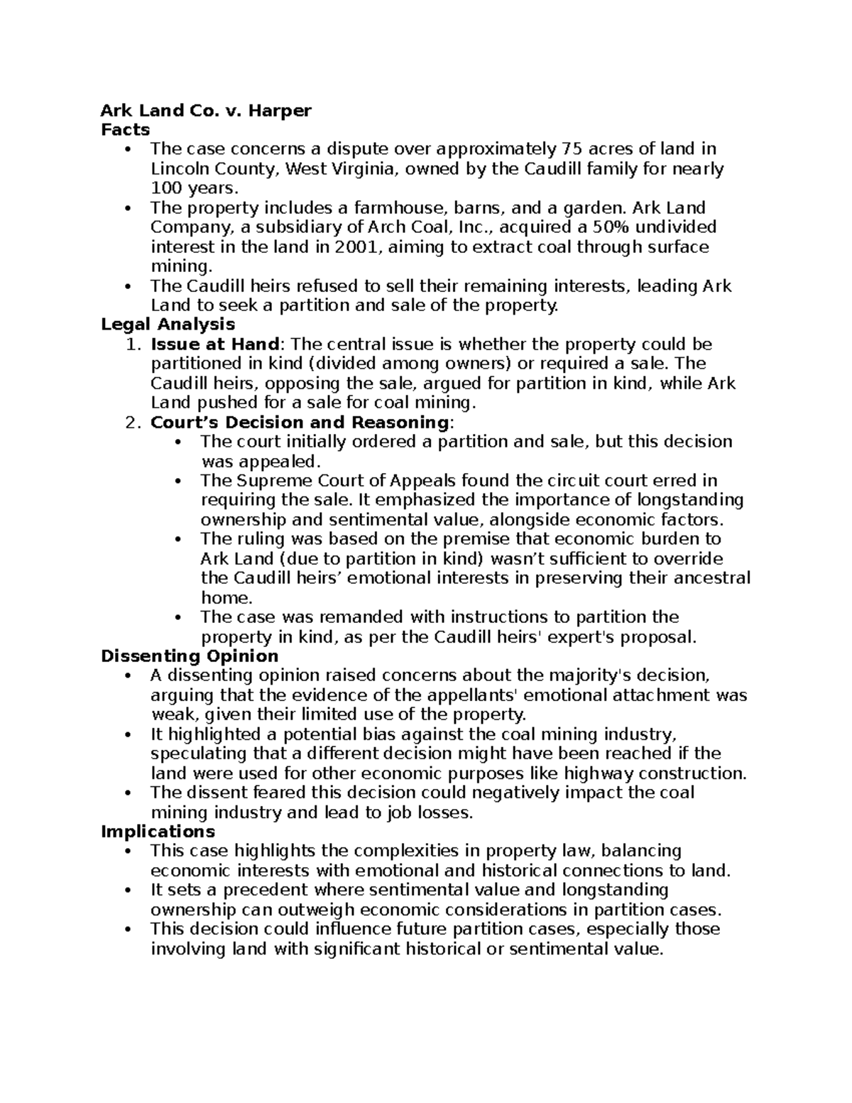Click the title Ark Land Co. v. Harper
[206, 110]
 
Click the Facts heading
[125, 129]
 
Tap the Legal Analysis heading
[168, 325]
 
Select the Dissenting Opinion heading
[189, 656]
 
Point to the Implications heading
[158, 831]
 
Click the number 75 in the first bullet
[571, 149]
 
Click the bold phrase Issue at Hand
[214, 344]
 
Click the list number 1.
[129, 344]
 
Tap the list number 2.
[129, 423]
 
